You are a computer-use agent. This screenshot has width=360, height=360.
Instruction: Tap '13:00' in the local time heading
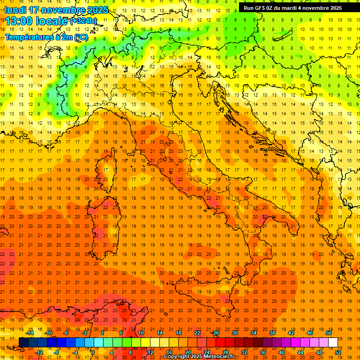pyautogui.click(x=19, y=21)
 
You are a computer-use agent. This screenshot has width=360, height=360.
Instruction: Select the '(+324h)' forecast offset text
pyautogui.click(x=83, y=21)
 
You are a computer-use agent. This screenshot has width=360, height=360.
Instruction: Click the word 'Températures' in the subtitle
pyautogui.click(x=28, y=37)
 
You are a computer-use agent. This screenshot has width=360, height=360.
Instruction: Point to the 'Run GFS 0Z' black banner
pyautogui.click(x=291, y=8)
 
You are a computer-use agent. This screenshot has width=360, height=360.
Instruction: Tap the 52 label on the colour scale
pyautogui.click(x=338, y=352)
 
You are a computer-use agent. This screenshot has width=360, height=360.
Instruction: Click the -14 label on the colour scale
pyautogui.click(x=30, y=333)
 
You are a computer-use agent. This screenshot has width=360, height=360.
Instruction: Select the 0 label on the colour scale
pyautogui.click(x=92, y=352)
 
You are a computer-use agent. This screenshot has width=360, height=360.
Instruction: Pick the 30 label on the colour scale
pyautogui.click(x=234, y=333)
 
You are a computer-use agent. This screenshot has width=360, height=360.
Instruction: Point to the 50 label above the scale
pyautogui.click(x=329, y=333)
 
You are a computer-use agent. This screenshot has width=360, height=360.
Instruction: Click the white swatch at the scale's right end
pyautogui.click(x=333, y=342)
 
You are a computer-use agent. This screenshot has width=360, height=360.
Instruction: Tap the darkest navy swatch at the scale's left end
pyautogui.click(x=23, y=342)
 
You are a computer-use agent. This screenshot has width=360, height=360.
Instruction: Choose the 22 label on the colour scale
pyautogui.click(x=197, y=333)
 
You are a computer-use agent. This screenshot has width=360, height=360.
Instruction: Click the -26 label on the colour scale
pyautogui.click(x=215, y=333)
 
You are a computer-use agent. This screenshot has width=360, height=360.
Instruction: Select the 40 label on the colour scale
pyautogui.click(x=282, y=352)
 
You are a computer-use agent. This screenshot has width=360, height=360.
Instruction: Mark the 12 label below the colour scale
pyautogui.click(x=150, y=352)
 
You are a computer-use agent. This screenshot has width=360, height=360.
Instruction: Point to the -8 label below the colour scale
pyautogui.click(x=57, y=352)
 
